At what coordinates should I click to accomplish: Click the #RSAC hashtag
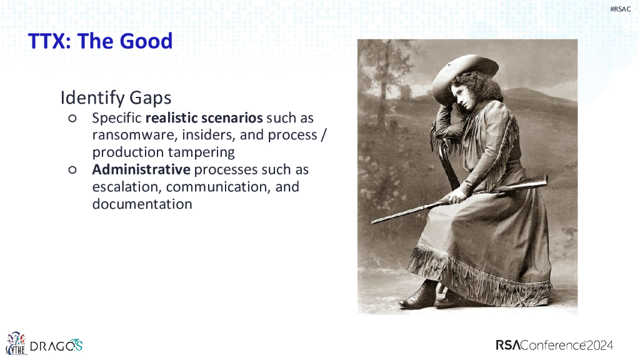[x=620, y=9]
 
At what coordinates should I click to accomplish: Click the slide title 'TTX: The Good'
[x=101, y=41]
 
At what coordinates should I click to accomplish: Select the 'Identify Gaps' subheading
[x=116, y=98]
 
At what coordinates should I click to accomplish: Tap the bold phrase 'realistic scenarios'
[x=204, y=118]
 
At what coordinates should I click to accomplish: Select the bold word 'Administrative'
[x=141, y=169]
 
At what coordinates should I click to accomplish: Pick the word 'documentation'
[x=142, y=204]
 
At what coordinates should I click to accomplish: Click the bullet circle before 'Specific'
[x=72, y=118]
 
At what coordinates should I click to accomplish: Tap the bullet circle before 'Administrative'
[x=72, y=170]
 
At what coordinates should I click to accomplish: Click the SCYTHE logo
[x=16, y=343]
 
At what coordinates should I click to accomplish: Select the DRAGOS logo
[x=56, y=346]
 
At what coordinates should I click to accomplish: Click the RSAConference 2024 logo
[x=554, y=345]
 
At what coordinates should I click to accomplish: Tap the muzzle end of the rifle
[x=373, y=222]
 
